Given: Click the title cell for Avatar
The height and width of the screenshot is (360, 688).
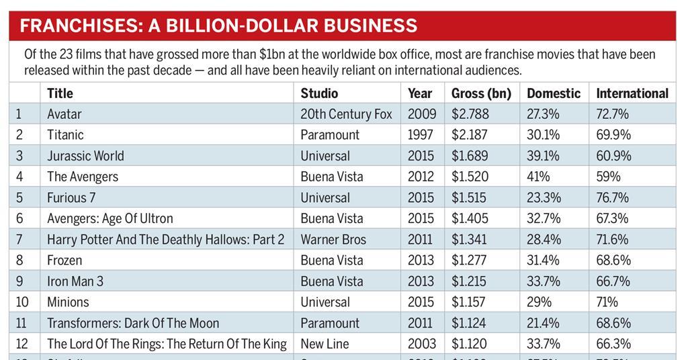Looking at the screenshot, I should pos(64,114).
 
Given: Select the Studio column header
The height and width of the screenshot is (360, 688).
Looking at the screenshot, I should pos(319,93).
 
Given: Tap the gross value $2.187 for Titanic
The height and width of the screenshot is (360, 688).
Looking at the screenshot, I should pos(470,135).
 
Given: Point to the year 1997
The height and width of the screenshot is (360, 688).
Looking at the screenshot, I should pos(421,135).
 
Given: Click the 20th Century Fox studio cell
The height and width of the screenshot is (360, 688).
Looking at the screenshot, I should pos(346,114).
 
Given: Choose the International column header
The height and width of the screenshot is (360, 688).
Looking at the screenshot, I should pos(632,93).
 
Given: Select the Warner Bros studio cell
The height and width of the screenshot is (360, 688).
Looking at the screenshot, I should pos(333,239).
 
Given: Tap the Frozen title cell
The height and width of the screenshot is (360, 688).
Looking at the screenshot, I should pos(64,260).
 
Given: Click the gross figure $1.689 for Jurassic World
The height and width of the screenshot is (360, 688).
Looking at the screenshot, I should pos(470,156).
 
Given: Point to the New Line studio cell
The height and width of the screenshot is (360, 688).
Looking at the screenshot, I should pos(325,344).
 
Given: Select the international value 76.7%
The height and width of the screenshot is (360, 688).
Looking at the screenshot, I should pos(613,197).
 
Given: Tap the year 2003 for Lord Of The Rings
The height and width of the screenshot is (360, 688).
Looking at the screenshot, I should pos(421,344).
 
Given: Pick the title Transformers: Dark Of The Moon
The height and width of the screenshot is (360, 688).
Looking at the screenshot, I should pos(133,323).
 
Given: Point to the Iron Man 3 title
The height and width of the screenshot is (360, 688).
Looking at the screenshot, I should pos(75,281).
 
